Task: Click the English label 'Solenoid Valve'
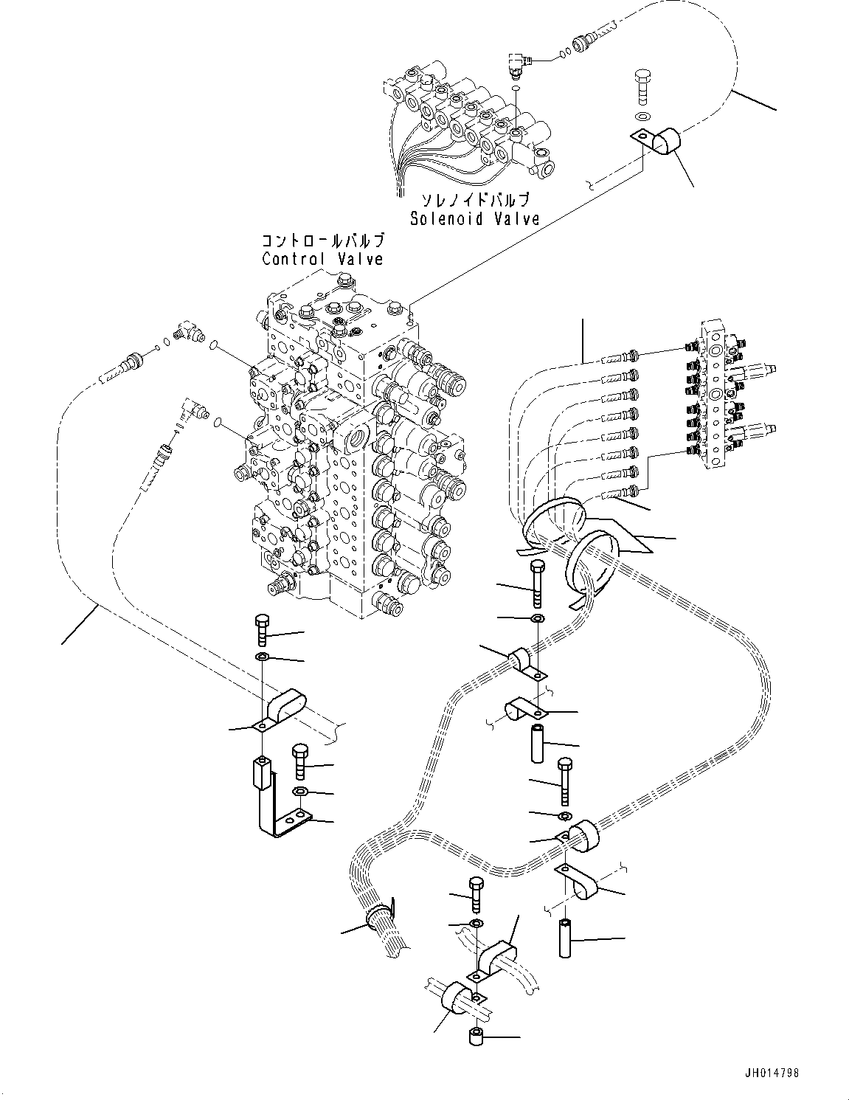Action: (x=474, y=218)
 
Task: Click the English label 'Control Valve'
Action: (x=322, y=259)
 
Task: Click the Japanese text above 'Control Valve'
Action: (x=322, y=241)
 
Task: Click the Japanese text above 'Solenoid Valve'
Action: (x=474, y=201)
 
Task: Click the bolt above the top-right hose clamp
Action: (x=642, y=86)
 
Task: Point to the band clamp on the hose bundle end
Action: (x=380, y=916)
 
